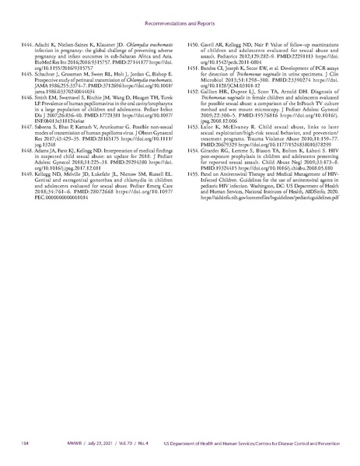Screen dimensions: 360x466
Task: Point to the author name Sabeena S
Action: tap(49, 126)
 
